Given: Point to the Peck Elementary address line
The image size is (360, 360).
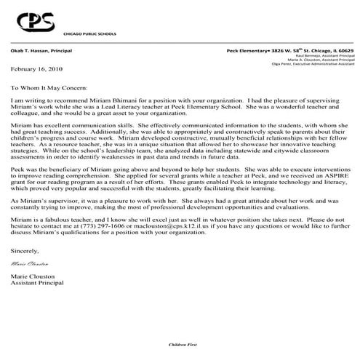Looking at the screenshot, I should click(290, 52).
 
